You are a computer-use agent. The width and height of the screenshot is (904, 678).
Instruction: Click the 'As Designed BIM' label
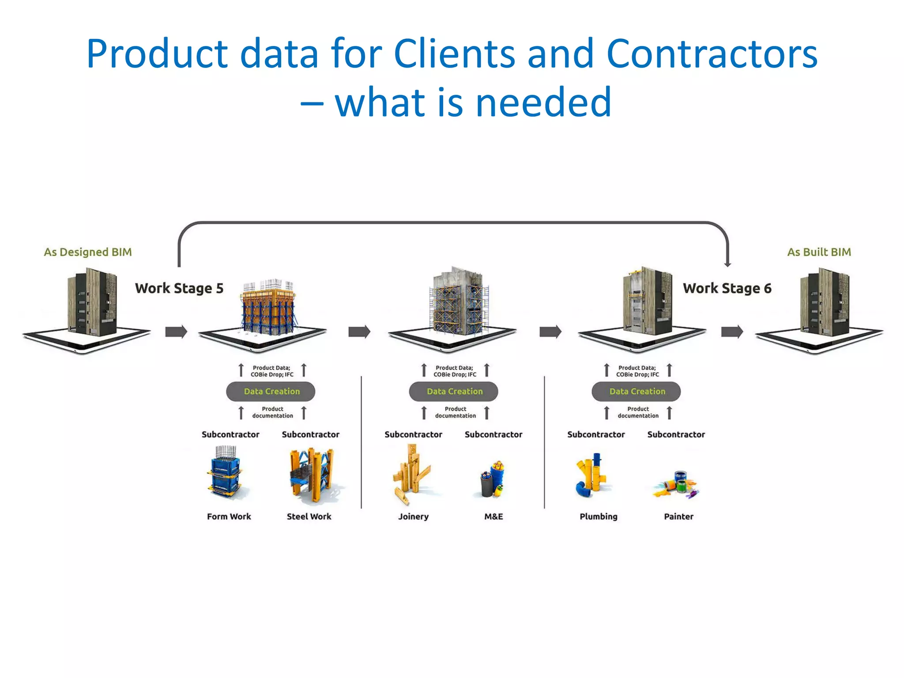88,252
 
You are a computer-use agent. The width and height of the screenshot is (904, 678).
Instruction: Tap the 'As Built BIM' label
819,252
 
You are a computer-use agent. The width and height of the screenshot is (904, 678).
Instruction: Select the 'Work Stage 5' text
179,288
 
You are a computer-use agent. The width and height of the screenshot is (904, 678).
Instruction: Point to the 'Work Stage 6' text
727,288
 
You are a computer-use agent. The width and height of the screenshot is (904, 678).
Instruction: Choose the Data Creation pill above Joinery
454,392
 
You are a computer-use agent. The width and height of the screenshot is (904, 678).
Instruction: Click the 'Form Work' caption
229,516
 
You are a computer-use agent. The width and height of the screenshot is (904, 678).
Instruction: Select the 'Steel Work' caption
309,516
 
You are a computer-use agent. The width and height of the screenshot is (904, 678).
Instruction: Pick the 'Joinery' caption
413,516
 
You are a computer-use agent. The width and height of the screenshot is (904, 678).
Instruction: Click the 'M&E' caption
493,516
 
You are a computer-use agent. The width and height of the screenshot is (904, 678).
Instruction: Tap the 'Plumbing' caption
598,516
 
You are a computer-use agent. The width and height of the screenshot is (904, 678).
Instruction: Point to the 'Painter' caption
678,516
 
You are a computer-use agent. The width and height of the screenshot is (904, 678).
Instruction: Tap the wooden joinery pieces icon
411,475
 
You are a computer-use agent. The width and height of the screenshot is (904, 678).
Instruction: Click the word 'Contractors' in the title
712,54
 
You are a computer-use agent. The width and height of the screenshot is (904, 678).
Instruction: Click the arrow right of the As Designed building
176,331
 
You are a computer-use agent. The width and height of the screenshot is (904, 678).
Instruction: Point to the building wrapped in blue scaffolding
459,305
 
